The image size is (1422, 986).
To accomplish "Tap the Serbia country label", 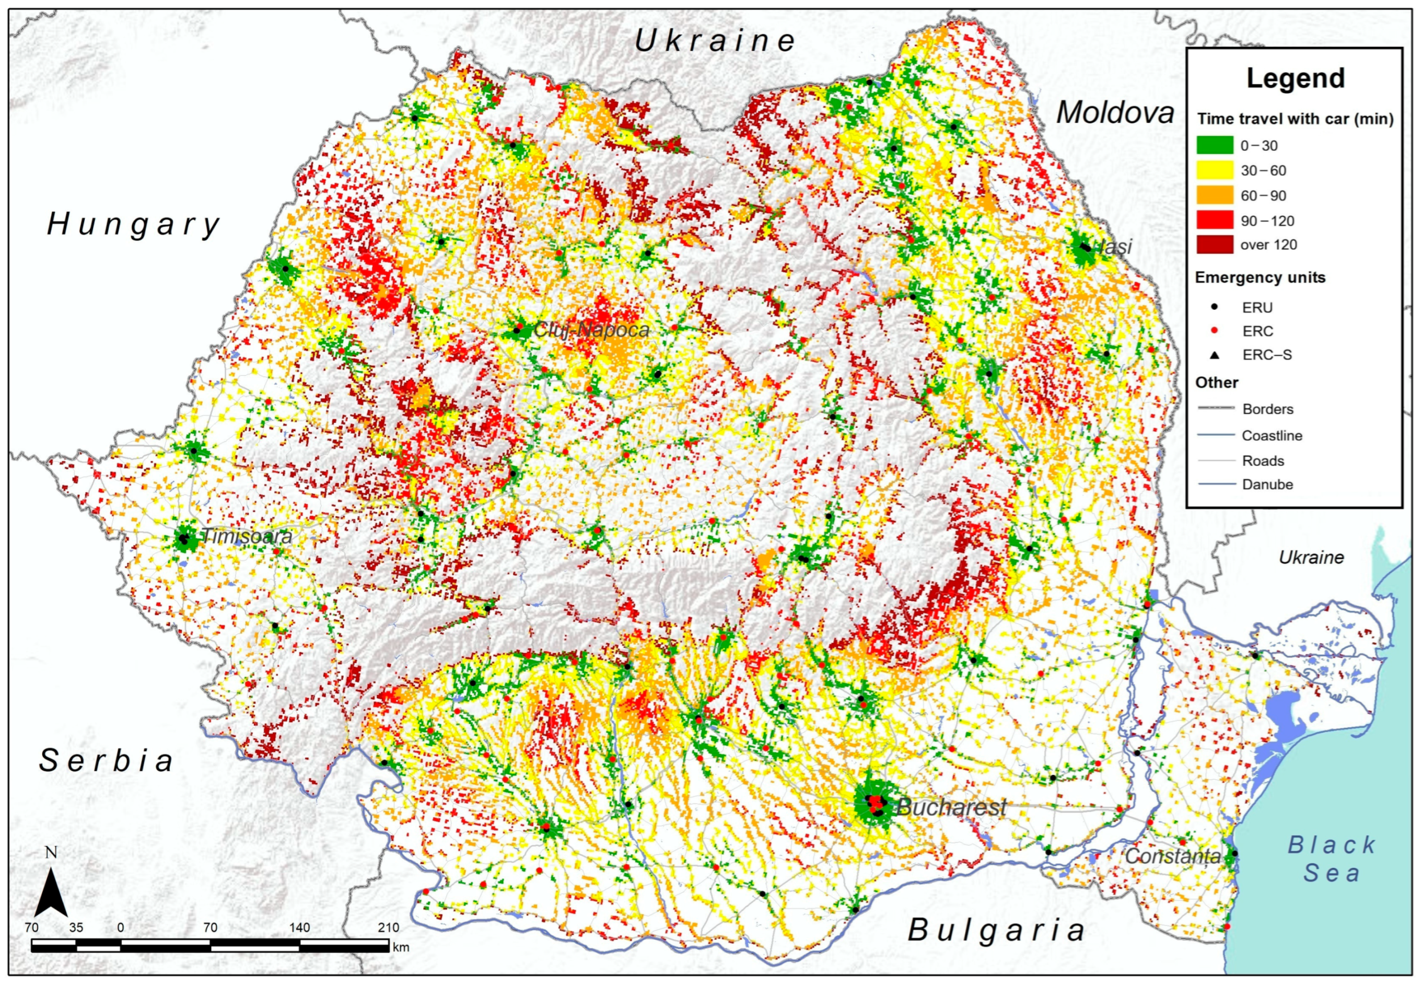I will point(106,760).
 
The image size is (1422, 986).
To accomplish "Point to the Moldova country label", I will point(1114,112).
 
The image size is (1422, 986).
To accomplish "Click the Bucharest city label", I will point(951,807).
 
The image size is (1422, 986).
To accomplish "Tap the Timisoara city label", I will point(247,536).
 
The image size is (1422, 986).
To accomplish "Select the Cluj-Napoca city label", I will point(591,330).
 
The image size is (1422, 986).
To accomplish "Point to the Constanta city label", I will point(1172,856).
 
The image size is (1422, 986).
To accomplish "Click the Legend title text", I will point(1296,78).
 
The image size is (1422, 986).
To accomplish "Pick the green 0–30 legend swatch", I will point(1215,146).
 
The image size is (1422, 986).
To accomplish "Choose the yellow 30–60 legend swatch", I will point(1215,170).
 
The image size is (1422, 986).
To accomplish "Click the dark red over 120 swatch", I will point(1215,245).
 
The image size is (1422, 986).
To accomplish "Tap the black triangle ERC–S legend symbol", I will point(1215,355).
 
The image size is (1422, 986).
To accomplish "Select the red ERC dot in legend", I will point(1215,331).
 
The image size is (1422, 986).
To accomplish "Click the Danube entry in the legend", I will point(1266,484).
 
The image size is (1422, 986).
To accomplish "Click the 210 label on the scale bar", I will point(389,927).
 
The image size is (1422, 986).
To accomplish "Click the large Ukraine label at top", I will point(715,41).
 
